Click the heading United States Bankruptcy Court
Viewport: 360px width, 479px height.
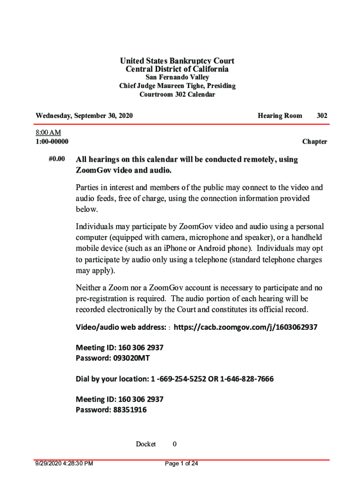tap(177, 61)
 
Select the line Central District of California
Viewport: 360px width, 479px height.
tap(177, 69)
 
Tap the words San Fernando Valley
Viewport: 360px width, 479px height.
tap(177, 77)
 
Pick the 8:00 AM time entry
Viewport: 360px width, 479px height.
tap(48, 133)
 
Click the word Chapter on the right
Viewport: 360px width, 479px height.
tap(314, 141)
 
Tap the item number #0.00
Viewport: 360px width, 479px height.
tap(57, 159)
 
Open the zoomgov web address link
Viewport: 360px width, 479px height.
tap(245, 327)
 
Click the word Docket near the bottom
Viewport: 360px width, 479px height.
tap(145, 444)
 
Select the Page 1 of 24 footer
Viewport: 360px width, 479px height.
tap(182, 464)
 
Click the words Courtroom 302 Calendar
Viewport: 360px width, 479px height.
tap(177, 94)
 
